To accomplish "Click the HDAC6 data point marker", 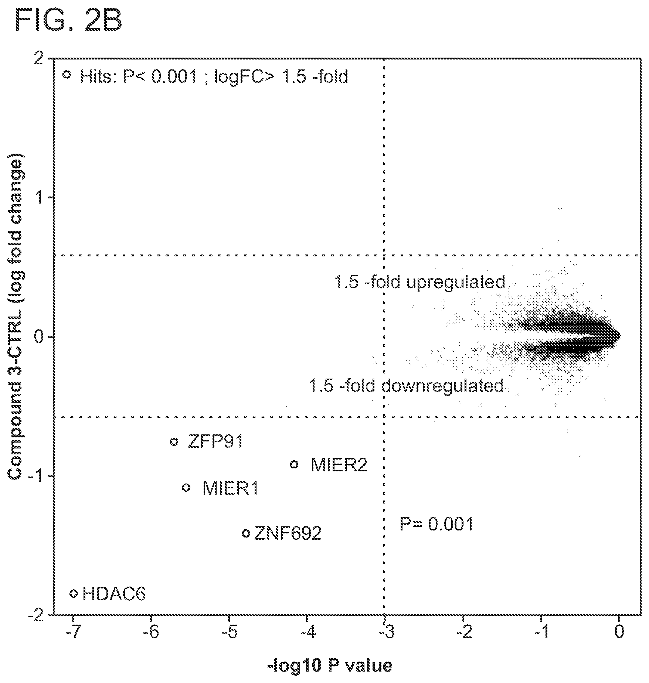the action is [x=74, y=594].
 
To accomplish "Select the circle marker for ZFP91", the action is [x=174, y=441].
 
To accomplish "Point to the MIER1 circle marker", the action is [x=187, y=488].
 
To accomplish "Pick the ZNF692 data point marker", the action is [x=245, y=533].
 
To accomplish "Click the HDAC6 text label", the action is [x=114, y=594].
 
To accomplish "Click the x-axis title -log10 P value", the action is [x=330, y=666].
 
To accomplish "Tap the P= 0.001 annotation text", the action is [x=436, y=524].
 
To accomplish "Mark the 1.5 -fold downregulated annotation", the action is [x=406, y=386].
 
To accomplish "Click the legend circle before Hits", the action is [x=67, y=74].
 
